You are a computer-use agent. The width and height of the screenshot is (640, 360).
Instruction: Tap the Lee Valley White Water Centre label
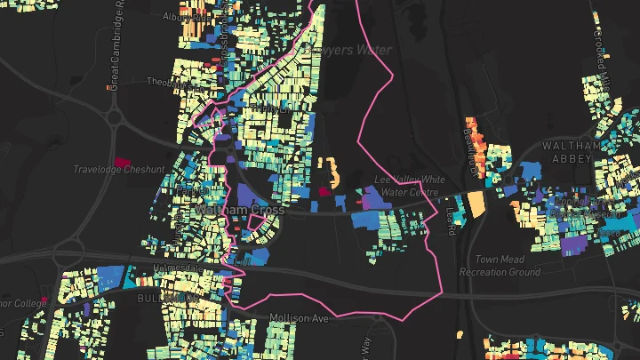pyautogui.click(x=407, y=185)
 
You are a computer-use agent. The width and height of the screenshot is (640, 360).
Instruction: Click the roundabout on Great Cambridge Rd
pyautogui.click(x=114, y=116)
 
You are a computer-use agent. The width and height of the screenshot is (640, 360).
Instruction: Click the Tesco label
pyautogui.click(x=189, y=189)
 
